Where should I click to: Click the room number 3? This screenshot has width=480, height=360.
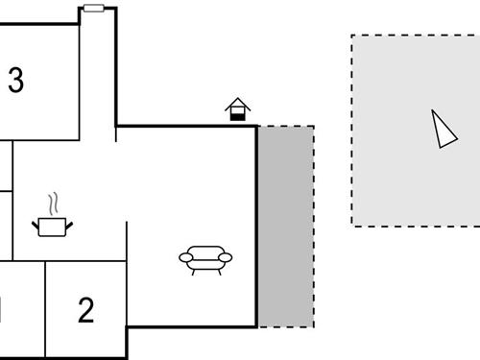pos(15,81)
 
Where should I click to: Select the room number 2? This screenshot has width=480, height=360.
pos(86,310)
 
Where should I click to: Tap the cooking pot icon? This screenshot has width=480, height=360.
pos(54,226)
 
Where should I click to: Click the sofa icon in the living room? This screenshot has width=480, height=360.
pos(205,258)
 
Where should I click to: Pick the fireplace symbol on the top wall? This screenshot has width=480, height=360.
pos(237,109)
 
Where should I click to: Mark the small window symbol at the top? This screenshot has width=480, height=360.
pos(93,8)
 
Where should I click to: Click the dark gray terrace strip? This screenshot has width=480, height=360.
pos(285,226)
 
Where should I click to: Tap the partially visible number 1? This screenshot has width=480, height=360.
pos(2,310)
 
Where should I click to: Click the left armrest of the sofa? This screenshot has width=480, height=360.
pos(184,257)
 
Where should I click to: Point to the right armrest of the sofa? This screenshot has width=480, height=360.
pos(227,257)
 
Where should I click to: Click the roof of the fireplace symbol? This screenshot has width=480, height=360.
pos(237,102)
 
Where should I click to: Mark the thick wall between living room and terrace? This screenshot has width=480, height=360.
pos(256,226)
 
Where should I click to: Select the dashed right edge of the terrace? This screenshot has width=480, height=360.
pos(313,226)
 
